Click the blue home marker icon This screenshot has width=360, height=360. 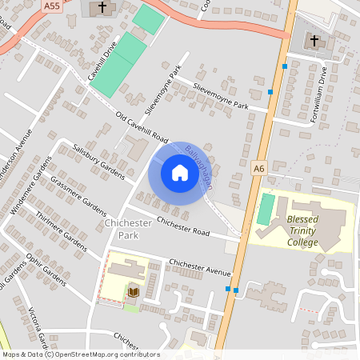click(x=179, y=172)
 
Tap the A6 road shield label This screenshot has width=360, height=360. click(x=258, y=168)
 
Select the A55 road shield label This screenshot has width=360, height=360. click(x=52, y=6)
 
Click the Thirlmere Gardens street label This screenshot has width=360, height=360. click(x=59, y=227)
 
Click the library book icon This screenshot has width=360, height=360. click(x=132, y=293)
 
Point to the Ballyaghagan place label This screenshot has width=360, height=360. click(x=198, y=166)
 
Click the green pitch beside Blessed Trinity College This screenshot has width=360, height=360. click(x=265, y=209)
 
